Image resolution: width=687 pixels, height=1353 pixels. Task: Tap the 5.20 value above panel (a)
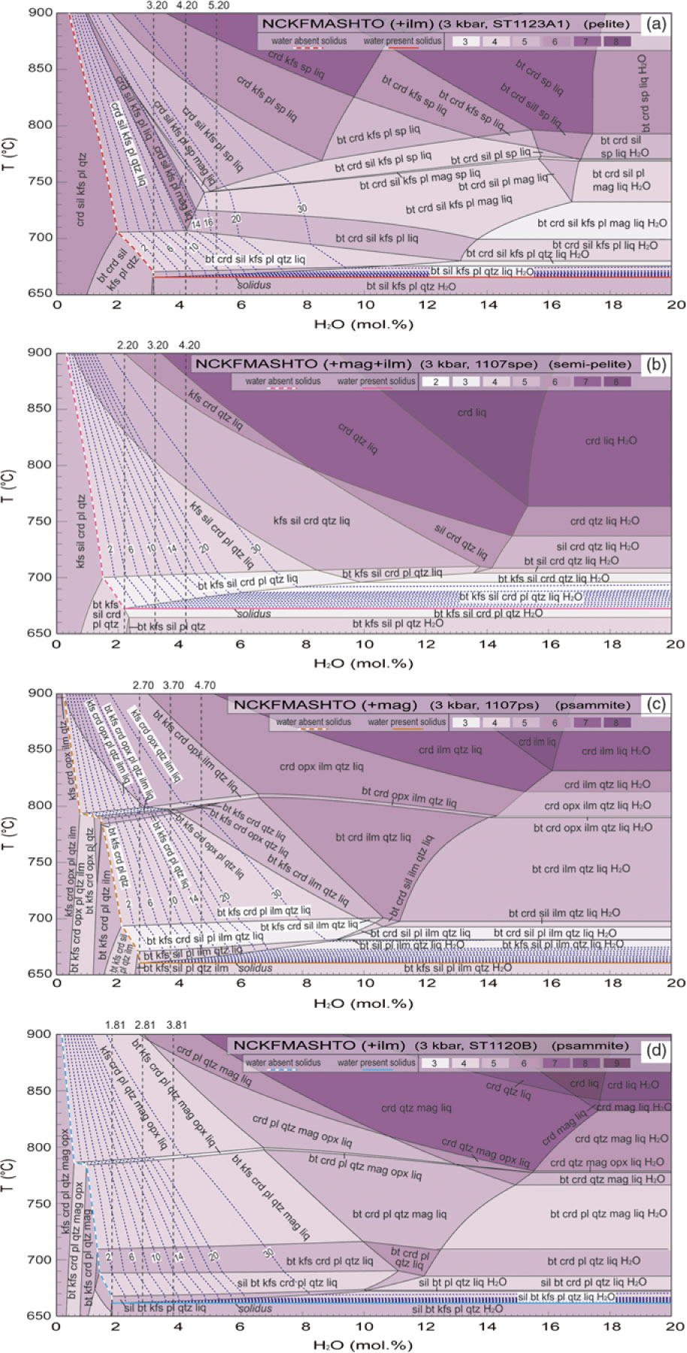[218, 6]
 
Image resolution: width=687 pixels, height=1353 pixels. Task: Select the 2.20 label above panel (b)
[128, 345]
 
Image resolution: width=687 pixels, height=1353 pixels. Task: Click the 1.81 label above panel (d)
[116, 1024]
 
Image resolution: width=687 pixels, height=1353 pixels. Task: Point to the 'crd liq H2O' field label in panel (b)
[611, 441]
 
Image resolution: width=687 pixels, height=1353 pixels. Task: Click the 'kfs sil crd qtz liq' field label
[311, 520]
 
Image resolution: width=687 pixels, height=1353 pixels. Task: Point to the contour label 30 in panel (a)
[302, 208]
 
